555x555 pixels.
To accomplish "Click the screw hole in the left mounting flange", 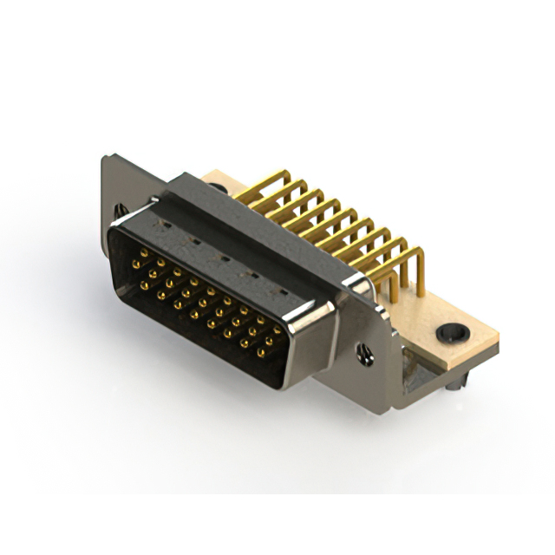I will pyautogui.click(x=121, y=209).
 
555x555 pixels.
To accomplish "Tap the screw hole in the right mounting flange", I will pyautogui.click(x=365, y=352).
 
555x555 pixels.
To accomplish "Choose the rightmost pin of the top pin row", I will pyautogui.click(x=277, y=330).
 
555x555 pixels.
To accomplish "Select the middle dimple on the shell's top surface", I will pyautogui.click(x=223, y=258).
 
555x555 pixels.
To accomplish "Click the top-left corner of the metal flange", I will pyautogui.click(x=105, y=157).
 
